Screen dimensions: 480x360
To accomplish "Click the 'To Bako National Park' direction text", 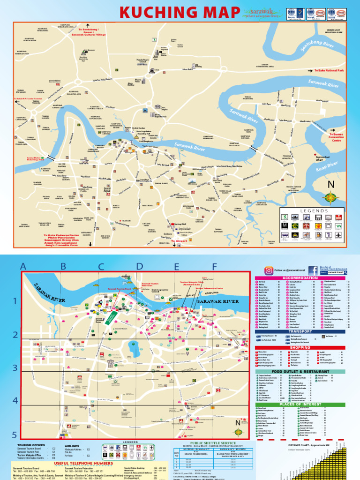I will (x=329, y=70).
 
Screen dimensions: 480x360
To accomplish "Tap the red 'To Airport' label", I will (x=179, y=240).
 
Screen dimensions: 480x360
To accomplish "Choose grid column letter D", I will (x=139, y=267).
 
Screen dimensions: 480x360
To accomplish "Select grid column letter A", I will (x=22, y=267).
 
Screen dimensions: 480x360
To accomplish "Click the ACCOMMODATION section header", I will (x=300, y=278).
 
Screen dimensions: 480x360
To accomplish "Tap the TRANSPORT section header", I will (x=300, y=331).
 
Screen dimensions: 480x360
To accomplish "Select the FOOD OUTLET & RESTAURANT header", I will (x=300, y=371).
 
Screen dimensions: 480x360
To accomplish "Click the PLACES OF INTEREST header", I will (x=300, y=404).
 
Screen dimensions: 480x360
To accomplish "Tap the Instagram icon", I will (x=269, y=270).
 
